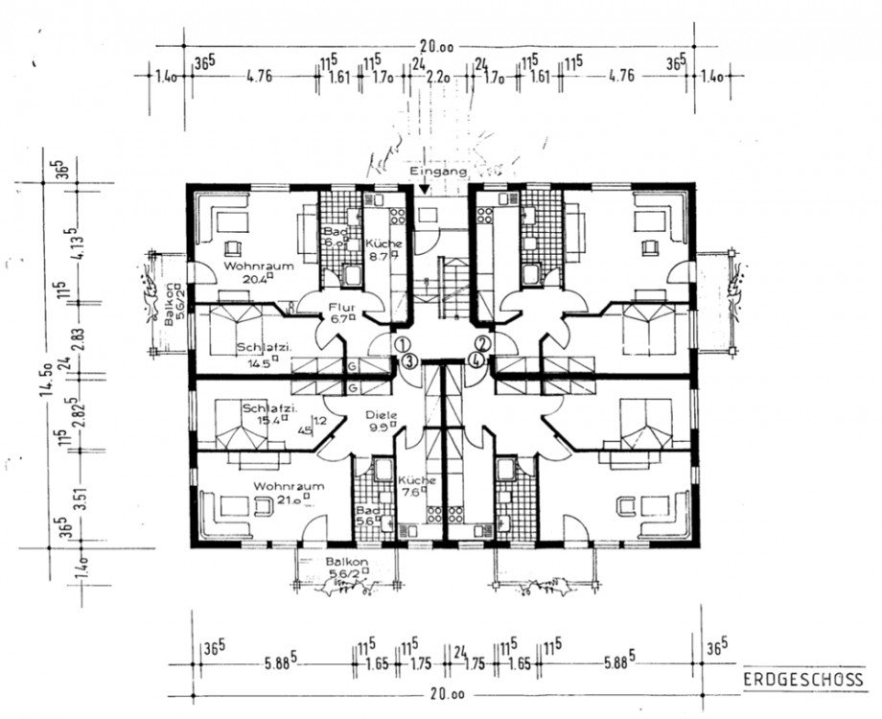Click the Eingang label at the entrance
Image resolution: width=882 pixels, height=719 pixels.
[438, 172]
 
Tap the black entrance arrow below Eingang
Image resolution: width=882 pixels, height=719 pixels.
[425, 190]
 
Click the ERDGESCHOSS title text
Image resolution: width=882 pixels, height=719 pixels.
[803, 679]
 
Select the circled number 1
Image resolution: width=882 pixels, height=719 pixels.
[402, 343]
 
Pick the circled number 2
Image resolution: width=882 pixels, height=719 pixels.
[482, 343]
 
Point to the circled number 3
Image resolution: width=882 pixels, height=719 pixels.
[408, 360]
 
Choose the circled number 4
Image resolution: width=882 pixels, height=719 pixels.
[476, 360]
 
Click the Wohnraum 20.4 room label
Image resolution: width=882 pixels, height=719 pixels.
[249, 271]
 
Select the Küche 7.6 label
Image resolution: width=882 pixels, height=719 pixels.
[416, 487]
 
